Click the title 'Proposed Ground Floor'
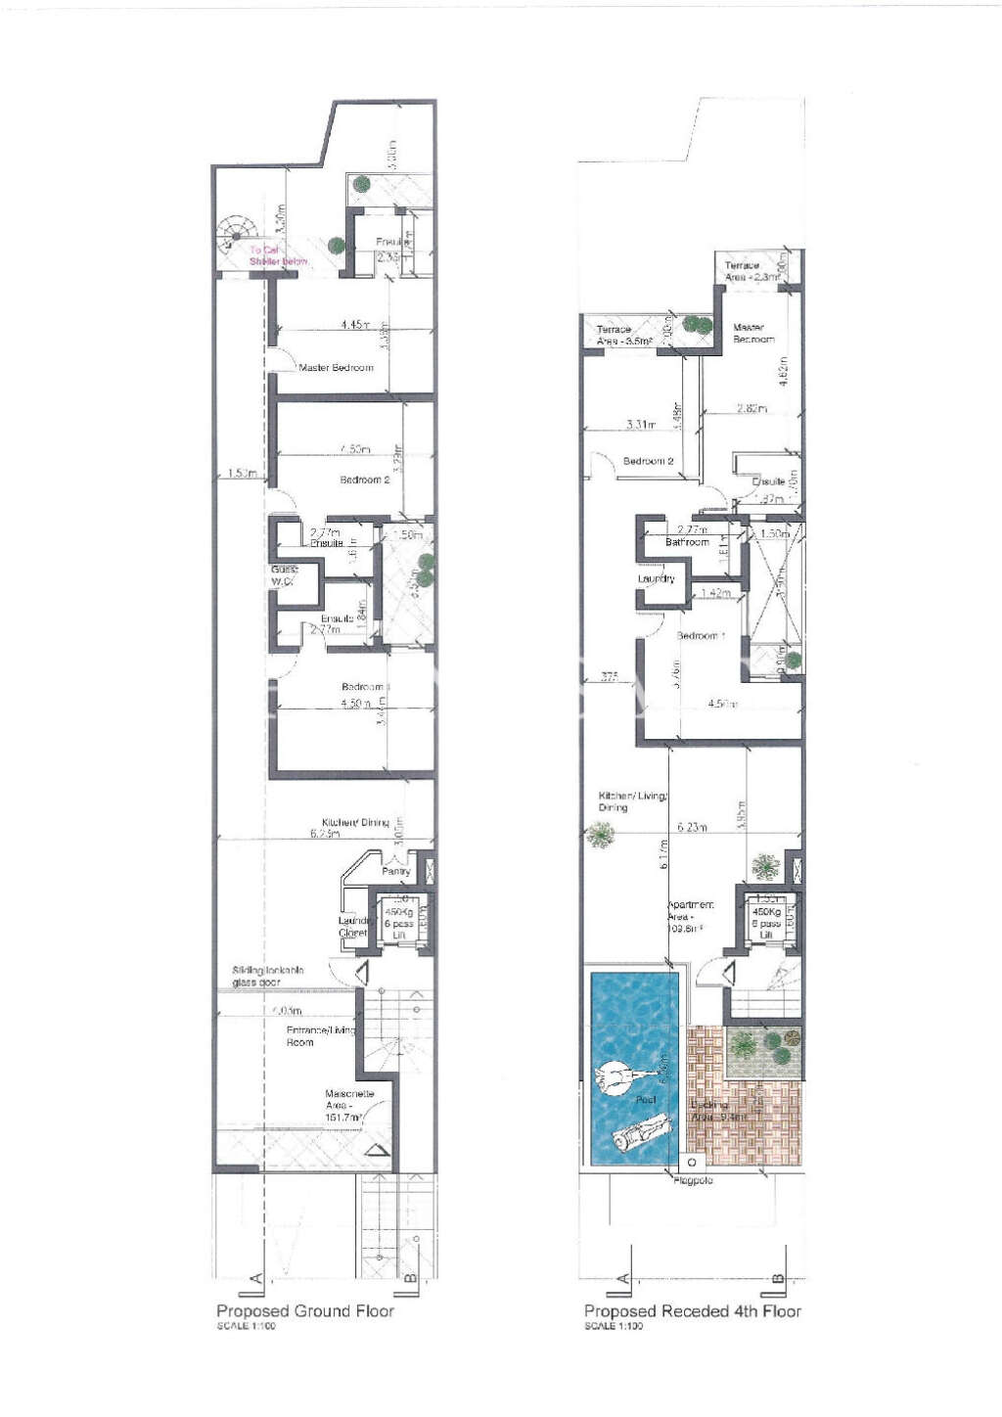click(304, 1310)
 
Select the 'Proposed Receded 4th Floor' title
click(692, 1310)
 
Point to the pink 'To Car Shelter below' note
click(277, 255)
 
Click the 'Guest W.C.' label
click(284, 575)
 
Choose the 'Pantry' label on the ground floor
click(395, 871)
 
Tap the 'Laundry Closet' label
click(352, 927)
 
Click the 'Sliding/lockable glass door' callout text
click(267, 976)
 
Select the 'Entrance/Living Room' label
click(319, 1036)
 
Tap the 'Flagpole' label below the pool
click(693, 1181)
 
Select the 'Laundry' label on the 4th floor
click(656, 578)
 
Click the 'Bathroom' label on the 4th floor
click(687, 542)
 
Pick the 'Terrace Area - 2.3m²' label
click(751, 271)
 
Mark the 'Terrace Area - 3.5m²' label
click(623, 336)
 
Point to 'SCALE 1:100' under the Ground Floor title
click(246, 1327)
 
